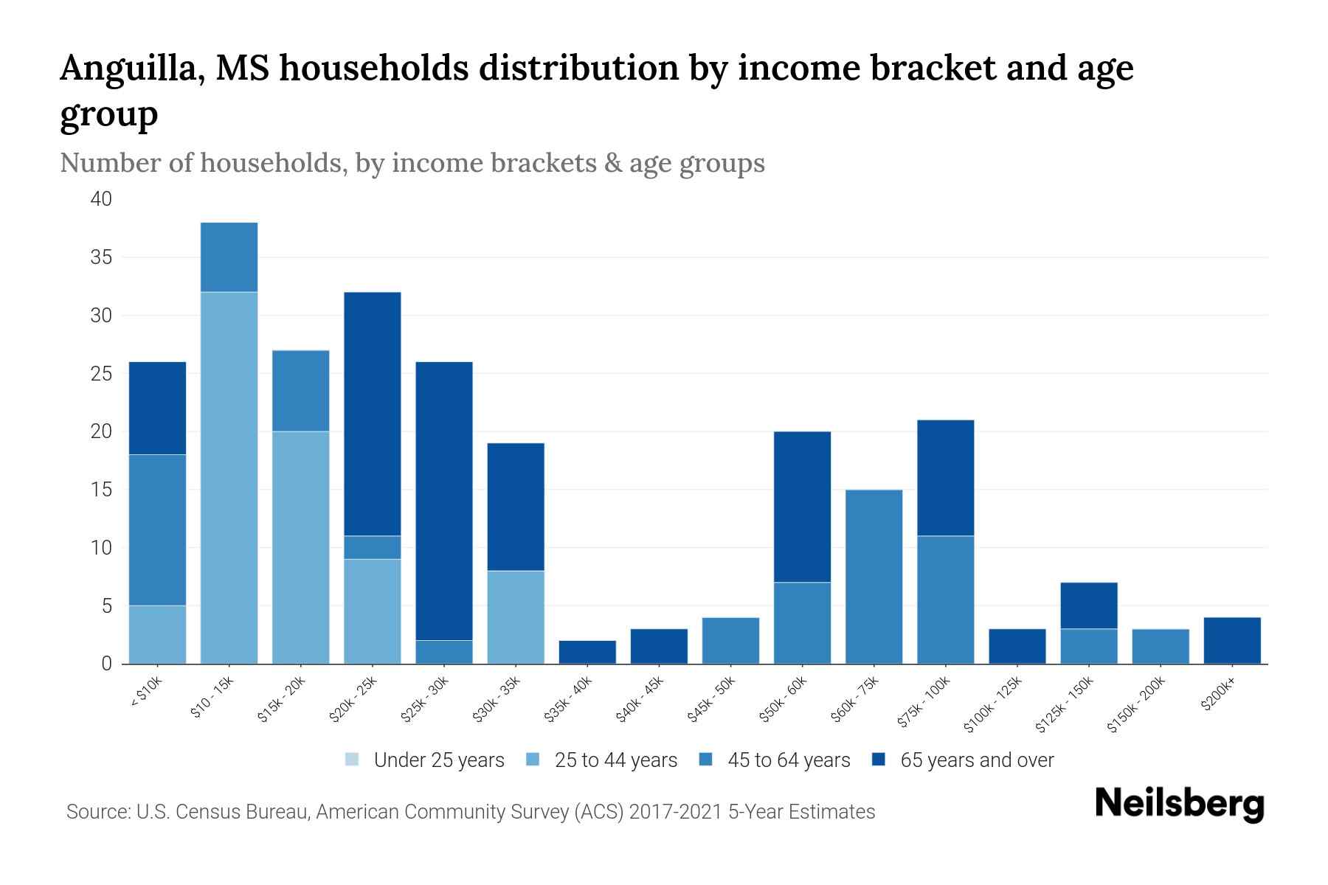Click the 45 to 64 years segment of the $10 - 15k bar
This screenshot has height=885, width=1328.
(x=229, y=257)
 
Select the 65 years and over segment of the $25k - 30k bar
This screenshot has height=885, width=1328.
(x=444, y=501)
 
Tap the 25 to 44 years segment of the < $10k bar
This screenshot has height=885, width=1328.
(x=157, y=634)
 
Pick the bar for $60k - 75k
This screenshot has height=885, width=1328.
(x=874, y=577)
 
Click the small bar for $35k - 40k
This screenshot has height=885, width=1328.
(x=587, y=652)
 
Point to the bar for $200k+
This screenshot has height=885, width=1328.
(x=1231, y=640)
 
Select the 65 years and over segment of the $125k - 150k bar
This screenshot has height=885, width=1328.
(x=1088, y=605)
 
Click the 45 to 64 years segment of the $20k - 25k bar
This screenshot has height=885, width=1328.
(x=373, y=547)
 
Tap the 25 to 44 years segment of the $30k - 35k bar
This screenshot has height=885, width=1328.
(x=516, y=617)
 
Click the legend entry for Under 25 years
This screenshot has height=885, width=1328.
(x=425, y=760)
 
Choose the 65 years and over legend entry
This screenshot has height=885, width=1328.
(x=963, y=760)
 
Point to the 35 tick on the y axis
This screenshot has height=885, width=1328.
(x=101, y=257)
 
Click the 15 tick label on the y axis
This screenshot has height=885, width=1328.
(x=101, y=490)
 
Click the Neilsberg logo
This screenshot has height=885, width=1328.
(x=1179, y=804)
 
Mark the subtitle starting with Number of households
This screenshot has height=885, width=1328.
(x=412, y=163)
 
